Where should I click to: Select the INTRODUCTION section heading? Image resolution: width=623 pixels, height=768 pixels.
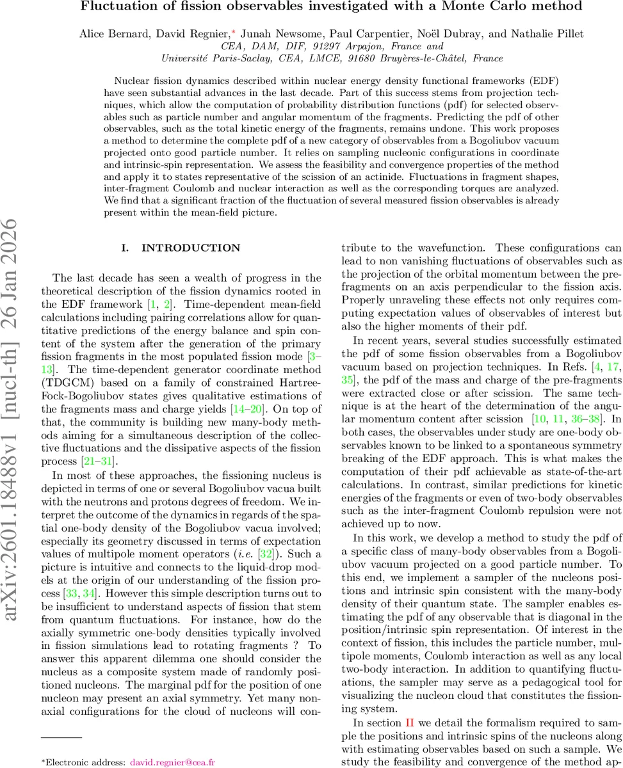click(190, 248)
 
